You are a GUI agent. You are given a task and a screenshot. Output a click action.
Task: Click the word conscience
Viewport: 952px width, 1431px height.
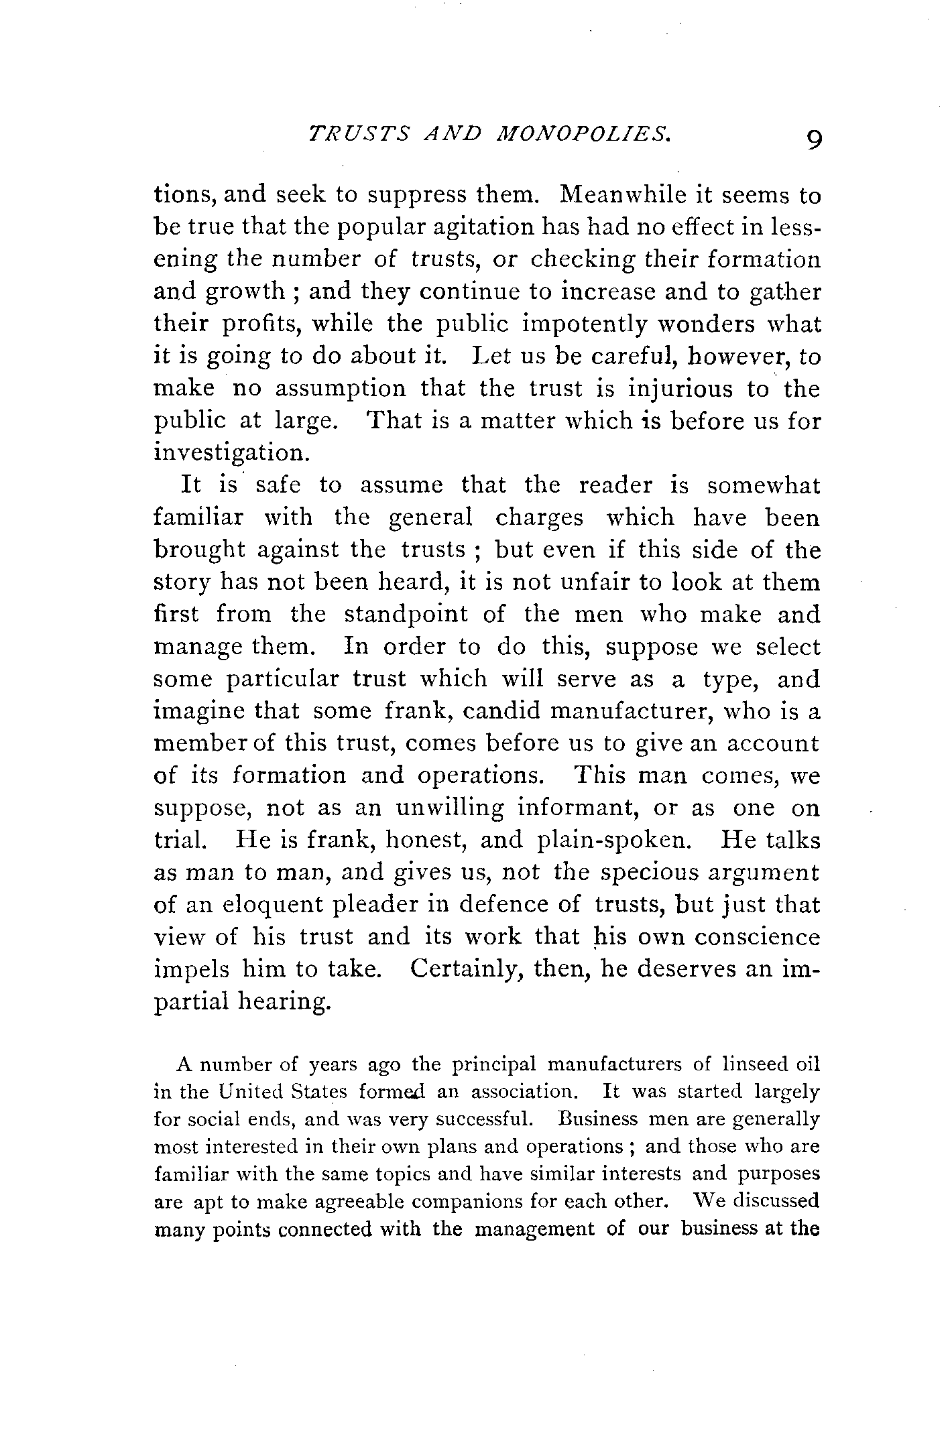coord(757,937)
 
